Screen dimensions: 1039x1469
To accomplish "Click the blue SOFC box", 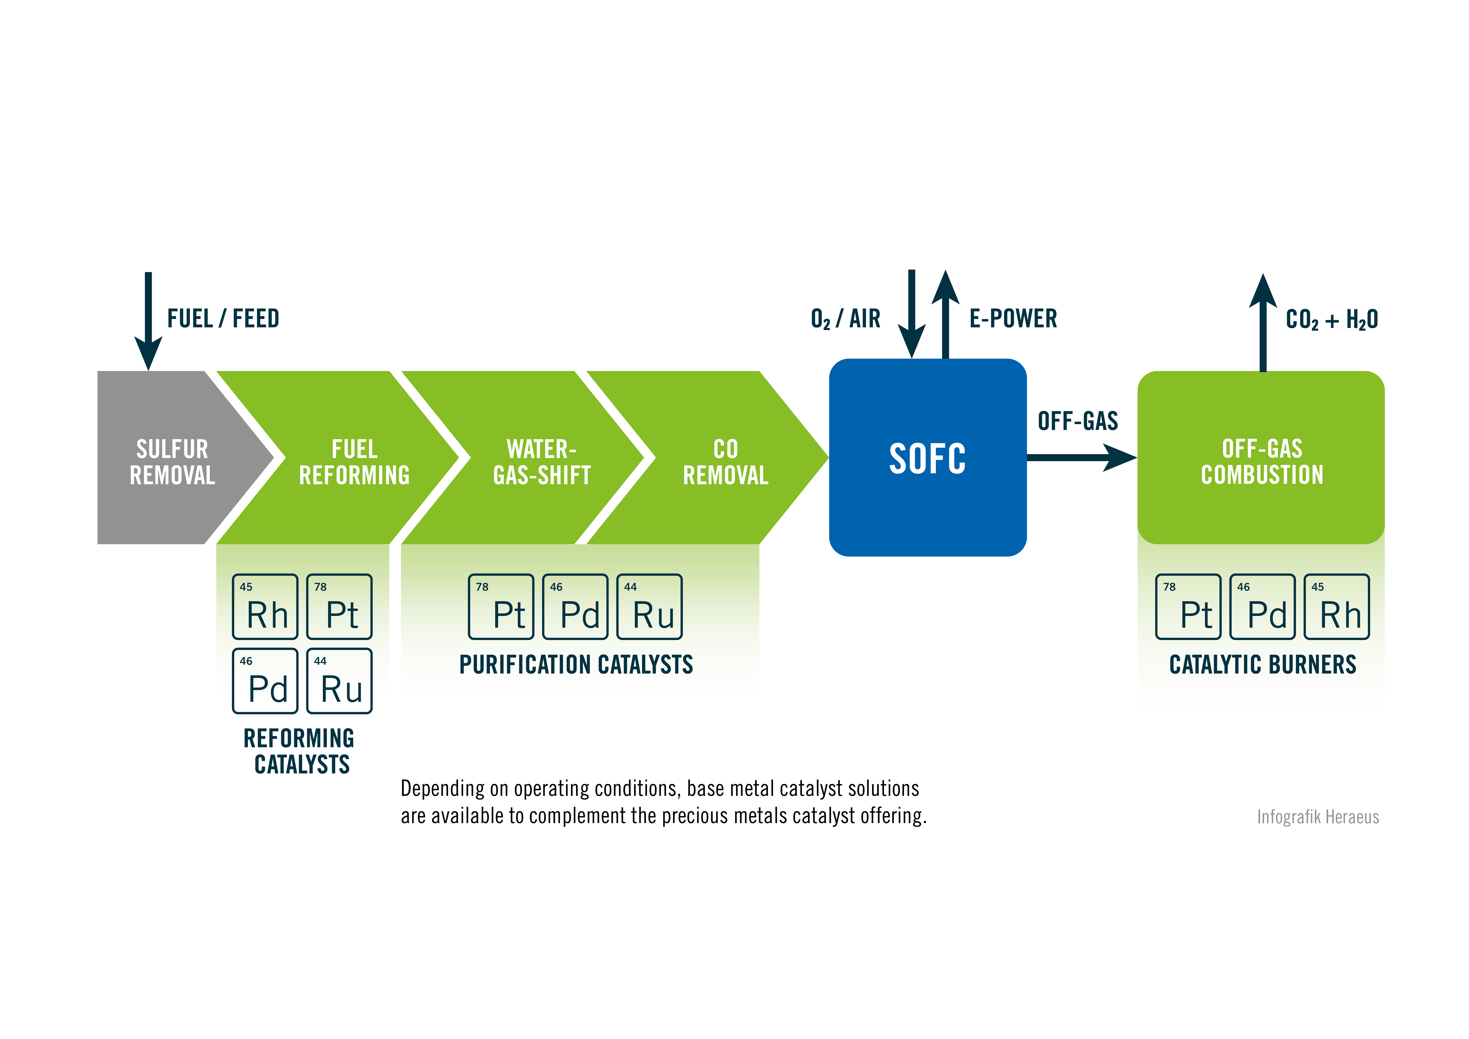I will click(x=927, y=457).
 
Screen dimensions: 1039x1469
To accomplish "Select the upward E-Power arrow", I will click(x=945, y=314).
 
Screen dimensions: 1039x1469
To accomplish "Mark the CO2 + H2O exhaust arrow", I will click(x=1262, y=323).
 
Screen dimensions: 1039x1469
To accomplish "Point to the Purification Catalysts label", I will click(x=576, y=665).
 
